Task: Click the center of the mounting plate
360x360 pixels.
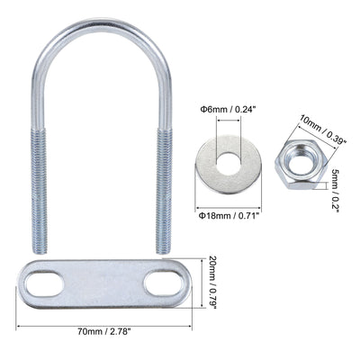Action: tap(103, 285)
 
